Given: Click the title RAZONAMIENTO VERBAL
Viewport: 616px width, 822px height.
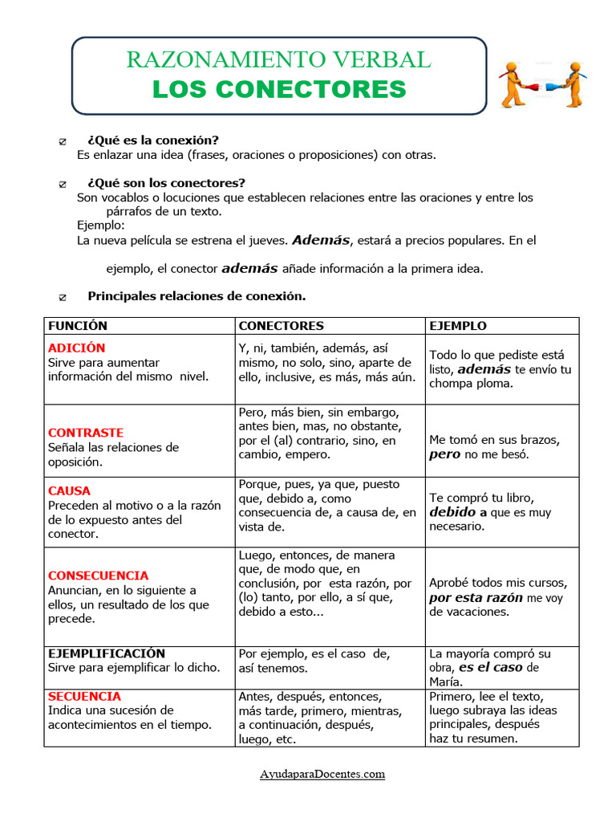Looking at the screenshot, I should tap(278, 59).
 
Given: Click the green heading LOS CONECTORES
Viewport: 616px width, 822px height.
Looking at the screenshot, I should tap(279, 89).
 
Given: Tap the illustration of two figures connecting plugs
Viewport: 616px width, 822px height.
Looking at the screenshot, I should tap(541, 83).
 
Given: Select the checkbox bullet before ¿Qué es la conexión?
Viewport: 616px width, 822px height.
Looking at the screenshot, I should tap(63, 141).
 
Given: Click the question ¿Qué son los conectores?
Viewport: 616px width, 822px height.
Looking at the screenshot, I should tap(166, 183).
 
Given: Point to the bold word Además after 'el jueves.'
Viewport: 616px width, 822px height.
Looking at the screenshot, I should tap(321, 240).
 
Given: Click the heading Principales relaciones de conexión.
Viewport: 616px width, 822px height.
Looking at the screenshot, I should tap(197, 296).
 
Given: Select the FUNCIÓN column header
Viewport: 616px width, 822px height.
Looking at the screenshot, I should tap(78, 326).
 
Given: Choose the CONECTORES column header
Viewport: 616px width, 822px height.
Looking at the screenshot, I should tap(281, 326).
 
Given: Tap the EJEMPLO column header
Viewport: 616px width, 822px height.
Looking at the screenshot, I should tap(457, 326).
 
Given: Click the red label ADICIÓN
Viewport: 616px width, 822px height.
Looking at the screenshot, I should tap(76, 348).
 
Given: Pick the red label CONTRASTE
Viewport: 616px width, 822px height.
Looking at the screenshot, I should tap(86, 433).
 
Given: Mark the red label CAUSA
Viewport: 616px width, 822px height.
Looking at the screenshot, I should tap(69, 490).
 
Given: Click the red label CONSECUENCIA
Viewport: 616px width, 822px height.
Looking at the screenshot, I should tap(98, 576).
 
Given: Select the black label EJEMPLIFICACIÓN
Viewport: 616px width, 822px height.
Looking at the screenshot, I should tap(106, 653).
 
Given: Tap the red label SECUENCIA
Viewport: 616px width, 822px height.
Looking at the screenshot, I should tap(84, 696).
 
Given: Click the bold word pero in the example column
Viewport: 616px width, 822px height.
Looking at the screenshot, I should tap(444, 454).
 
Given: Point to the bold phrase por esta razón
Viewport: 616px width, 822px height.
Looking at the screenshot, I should tap(476, 597).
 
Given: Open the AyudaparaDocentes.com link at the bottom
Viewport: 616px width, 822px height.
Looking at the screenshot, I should tap(322, 774).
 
